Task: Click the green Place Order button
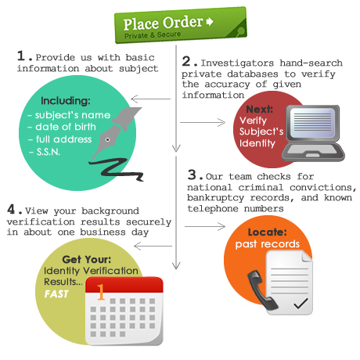181,25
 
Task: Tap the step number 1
21,56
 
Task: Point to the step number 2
186,61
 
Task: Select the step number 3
192,175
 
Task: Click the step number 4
11,209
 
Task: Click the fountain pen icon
116,131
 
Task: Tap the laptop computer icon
313,133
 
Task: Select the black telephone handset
262,290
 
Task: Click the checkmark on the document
301,304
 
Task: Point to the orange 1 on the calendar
100,292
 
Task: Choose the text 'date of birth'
66,127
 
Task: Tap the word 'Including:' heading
66,101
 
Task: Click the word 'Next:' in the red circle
259,109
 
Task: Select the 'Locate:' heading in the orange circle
268,232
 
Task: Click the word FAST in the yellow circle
56,294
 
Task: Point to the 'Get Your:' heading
87,259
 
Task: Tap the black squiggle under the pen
116,170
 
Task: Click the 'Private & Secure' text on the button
153,35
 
